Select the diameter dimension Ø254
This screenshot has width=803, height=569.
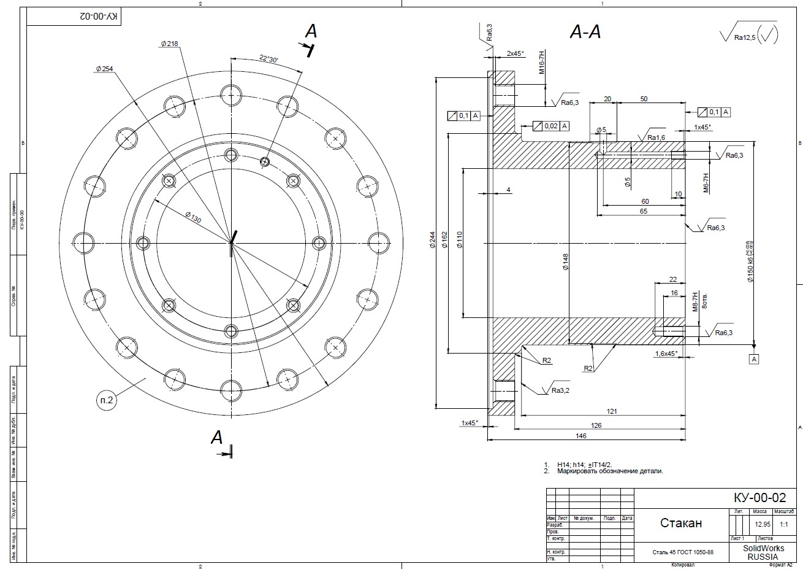point(104,69)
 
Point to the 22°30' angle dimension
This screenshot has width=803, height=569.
point(268,59)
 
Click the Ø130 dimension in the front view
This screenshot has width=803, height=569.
point(192,215)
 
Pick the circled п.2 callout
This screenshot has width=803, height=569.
point(106,400)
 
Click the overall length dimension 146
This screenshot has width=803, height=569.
point(581,436)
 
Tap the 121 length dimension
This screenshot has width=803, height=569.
point(611,411)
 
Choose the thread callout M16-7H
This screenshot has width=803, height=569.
point(541,63)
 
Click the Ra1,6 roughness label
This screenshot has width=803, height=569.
point(656,137)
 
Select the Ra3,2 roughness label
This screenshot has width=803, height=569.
point(560,390)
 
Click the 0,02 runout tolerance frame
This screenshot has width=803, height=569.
point(550,126)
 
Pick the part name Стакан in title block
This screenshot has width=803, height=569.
point(681,523)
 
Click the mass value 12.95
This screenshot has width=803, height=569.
point(762,525)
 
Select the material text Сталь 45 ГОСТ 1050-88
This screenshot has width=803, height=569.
point(682,552)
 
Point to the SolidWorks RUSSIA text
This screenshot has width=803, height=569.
point(763,552)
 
